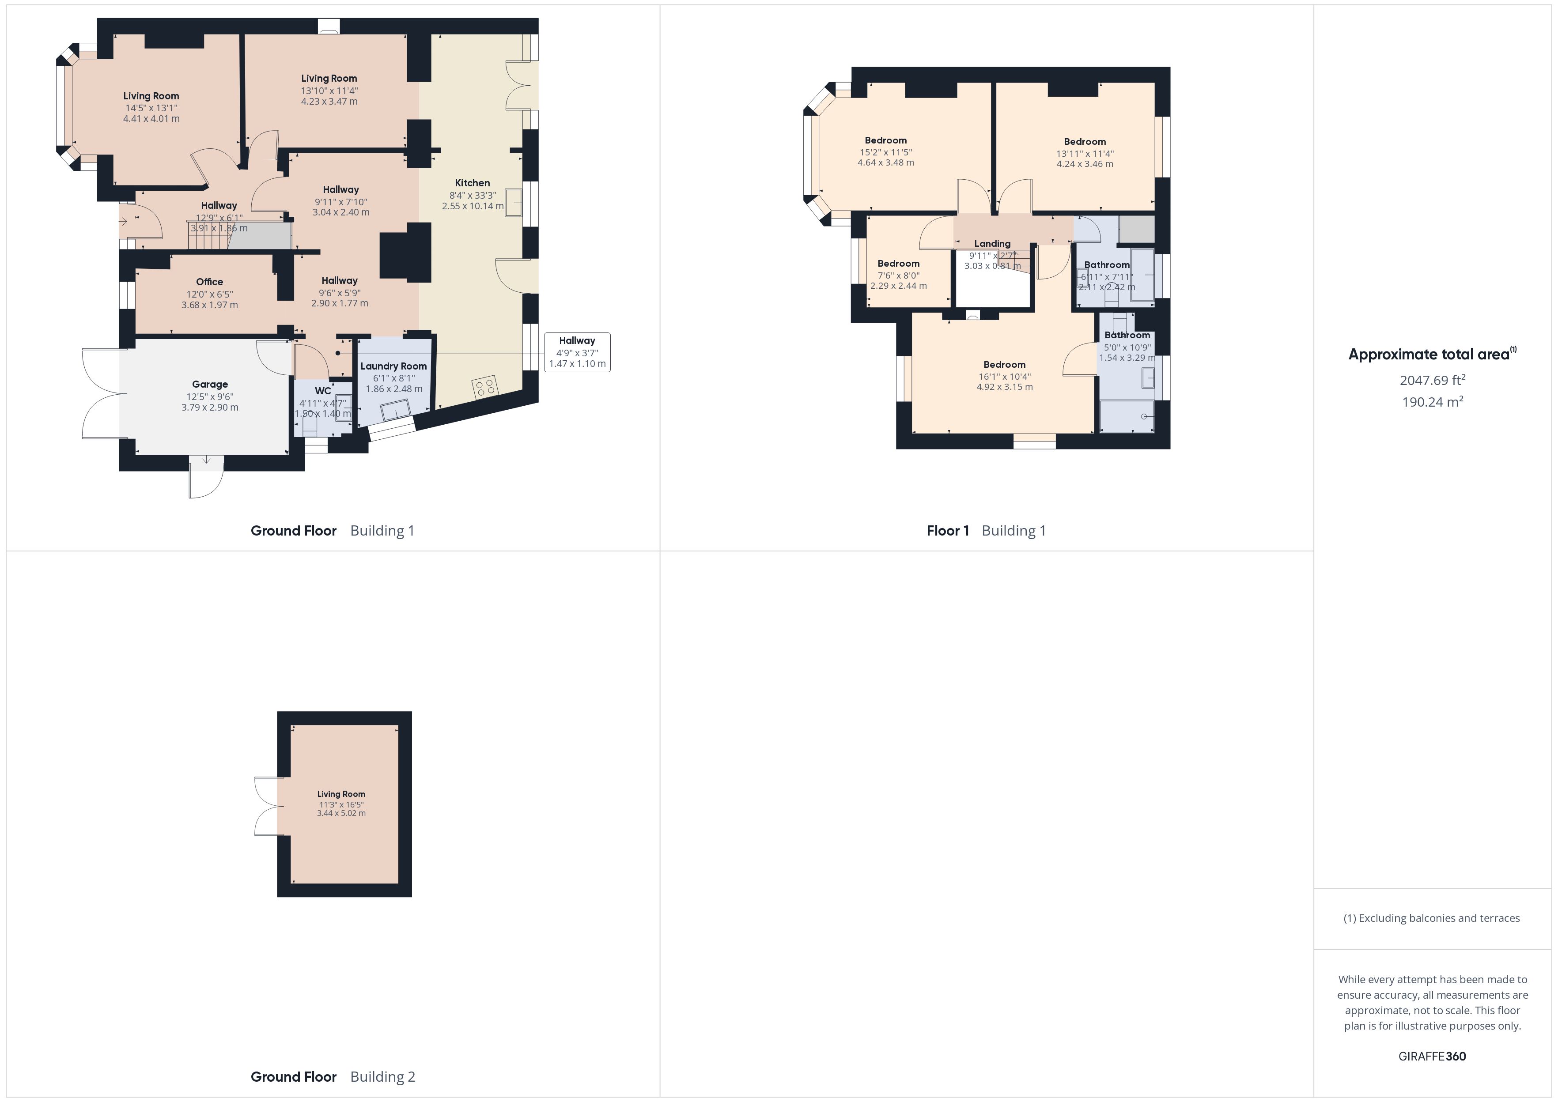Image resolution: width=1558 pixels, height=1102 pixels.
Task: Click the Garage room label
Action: tap(210, 384)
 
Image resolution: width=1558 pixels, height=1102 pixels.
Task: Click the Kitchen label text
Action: tap(472, 182)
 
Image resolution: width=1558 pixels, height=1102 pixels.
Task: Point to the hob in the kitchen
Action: tap(485, 388)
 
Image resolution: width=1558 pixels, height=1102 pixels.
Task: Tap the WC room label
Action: tap(323, 391)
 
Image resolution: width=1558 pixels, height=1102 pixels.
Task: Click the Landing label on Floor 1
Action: tap(992, 244)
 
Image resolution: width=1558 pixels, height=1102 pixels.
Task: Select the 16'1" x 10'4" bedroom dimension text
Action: tap(1004, 377)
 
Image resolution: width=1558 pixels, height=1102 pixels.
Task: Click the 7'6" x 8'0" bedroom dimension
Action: tap(898, 275)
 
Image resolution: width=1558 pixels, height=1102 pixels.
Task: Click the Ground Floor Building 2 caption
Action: tap(333, 1076)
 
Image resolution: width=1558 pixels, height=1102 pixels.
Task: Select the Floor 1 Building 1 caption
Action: tap(986, 531)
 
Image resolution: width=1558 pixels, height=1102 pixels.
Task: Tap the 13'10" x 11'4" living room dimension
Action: tap(329, 90)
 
